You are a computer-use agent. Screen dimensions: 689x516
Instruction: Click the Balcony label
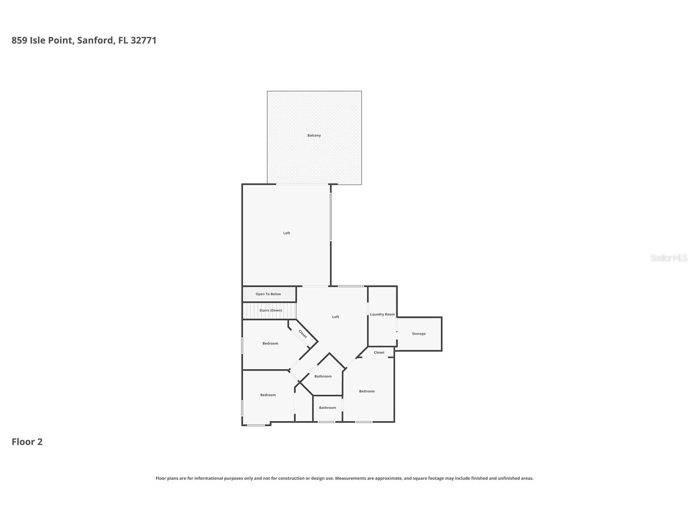[x=314, y=135]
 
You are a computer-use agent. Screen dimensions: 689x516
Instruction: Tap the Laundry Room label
[x=382, y=314]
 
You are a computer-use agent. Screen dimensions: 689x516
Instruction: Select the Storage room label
[x=419, y=334]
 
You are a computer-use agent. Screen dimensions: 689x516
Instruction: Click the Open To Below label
[x=268, y=294]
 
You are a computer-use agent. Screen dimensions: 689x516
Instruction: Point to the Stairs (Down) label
[x=270, y=310]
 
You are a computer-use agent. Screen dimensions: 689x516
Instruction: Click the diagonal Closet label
[x=303, y=333]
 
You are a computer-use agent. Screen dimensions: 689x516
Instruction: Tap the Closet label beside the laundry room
[x=379, y=353]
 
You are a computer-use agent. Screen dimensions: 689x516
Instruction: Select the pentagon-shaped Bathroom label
[x=323, y=376]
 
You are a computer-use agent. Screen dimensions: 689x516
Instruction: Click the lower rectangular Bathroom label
[x=327, y=408]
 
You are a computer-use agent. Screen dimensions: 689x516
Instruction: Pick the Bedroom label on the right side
[x=367, y=391]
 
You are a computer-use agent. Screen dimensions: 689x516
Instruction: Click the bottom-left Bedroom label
[x=268, y=395]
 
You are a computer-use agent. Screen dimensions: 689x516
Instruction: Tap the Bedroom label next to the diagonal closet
[x=270, y=344]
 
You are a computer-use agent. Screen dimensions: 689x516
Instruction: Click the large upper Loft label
[x=287, y=233]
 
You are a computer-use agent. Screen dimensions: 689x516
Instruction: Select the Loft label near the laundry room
[x=335, y=317]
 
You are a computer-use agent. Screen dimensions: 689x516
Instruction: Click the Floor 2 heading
[x=27, y=442]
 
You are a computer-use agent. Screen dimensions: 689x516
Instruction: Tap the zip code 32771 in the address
[x=143, y=40]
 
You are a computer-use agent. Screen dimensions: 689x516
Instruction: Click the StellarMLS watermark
[x=669, y=258]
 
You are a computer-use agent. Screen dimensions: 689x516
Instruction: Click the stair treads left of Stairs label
[x=251, y=311]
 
